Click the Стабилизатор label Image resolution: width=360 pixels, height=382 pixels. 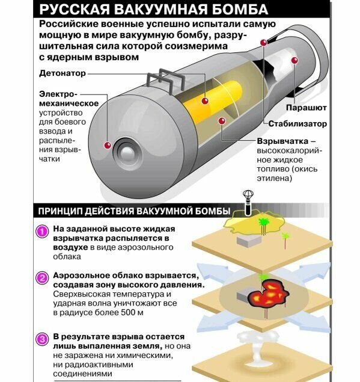[x=297, y=124]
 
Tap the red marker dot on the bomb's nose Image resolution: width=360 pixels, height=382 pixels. [x=107, y=146]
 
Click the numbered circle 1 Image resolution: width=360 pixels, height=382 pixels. [x=41, y=231]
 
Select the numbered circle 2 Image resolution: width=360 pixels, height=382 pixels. [x=41, y=277]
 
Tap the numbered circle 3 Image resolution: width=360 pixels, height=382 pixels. [x=41, y=339]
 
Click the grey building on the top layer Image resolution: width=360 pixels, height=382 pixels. [x=248, y=241]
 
